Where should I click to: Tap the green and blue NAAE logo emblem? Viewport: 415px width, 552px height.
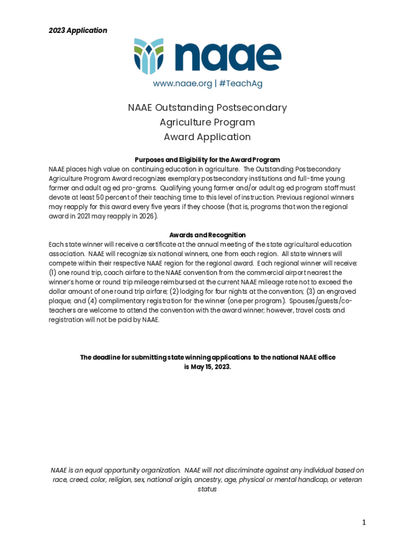(x=149, y=56)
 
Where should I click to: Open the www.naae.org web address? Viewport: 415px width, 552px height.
(x=182, y=84)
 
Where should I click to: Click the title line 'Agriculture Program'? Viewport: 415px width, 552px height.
(x=207, y=122)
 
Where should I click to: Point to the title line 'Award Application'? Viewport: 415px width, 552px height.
(x=207, y=137)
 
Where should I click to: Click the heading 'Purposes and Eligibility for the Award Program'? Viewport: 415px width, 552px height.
(x=207, y=160)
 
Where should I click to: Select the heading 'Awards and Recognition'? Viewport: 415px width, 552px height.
(x=207, y=235)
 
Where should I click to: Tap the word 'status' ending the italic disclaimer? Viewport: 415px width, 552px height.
(x=207, y=489)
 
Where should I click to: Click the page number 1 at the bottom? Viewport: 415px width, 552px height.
(x=364, y=522)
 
